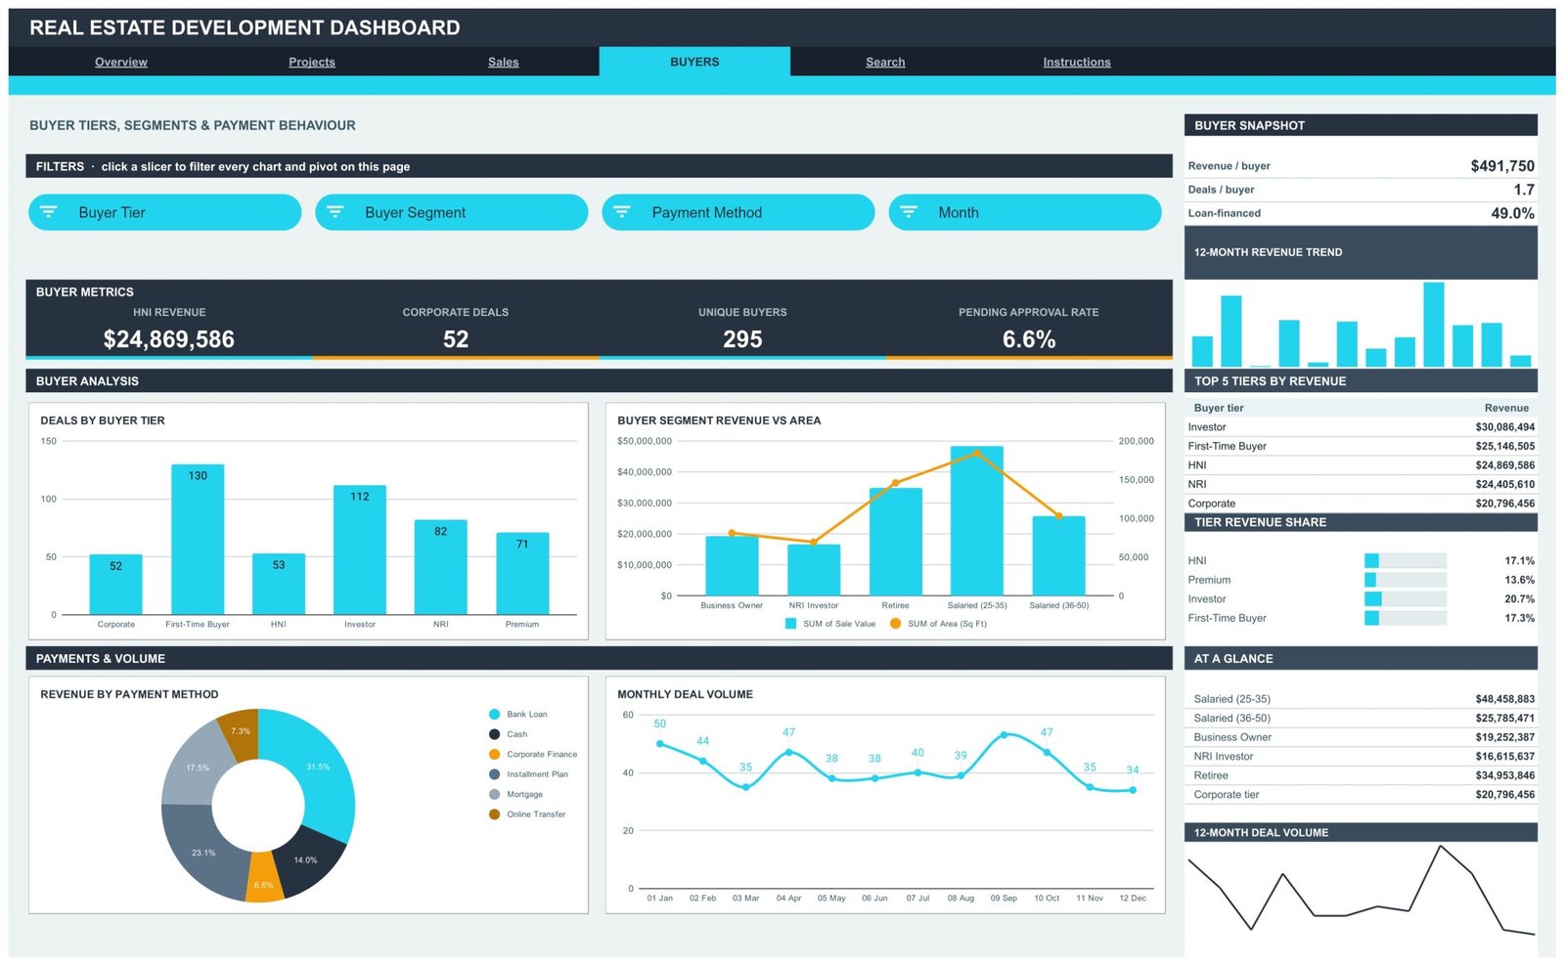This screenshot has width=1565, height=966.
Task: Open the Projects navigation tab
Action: [312, 62]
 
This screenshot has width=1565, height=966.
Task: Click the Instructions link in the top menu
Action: [1077, 62]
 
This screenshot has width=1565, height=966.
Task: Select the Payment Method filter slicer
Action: [738, 212]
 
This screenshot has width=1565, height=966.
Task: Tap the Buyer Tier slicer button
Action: [165, 212]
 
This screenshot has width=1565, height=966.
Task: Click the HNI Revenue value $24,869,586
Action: [169, 338]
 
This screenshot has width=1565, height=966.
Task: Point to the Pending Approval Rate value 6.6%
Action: [1028, 338]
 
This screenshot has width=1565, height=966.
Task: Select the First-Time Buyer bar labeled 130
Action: [198, 540]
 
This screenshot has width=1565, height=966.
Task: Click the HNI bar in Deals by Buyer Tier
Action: [279, 584]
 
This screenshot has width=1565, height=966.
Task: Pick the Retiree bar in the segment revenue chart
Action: [895, 542]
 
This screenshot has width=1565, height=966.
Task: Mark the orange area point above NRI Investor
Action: [813, 542]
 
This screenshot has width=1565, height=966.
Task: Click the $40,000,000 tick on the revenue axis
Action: [645, 472]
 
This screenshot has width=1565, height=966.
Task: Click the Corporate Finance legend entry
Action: [534, 755]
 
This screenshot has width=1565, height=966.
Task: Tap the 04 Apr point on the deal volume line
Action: [788, 752]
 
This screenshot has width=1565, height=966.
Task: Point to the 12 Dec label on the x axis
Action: [1133, 899]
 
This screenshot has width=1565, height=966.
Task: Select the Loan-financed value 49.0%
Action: [1512, 213]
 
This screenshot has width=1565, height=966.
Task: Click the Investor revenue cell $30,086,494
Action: [1505, 426]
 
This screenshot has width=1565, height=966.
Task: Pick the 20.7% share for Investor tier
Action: [1520, 598]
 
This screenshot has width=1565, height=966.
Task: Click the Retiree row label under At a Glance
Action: [1211, 775]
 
